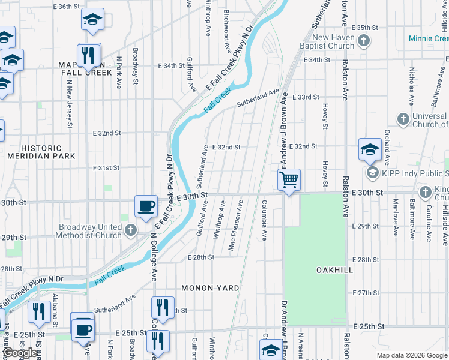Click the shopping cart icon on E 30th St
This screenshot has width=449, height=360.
pyautogui.click(x=289, y=179)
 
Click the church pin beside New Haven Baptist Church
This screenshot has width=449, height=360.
pyautogui.click(x=363, y=41)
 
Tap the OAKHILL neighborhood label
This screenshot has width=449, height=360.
pyautogui.click(x=333, y=271)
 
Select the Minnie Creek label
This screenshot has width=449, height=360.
pyautogui.click(x=428, y=38)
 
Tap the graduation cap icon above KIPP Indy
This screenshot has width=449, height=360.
pyautogui.click(x=370, y=150)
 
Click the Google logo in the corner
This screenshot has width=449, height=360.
pyautogui.click(x=20, y=353)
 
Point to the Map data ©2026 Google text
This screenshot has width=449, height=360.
pyautogui.click(x=412, y=355)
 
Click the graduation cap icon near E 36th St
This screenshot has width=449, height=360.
pyautogui.click(x=92, y=19)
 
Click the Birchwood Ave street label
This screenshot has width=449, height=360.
pyautogui.click(x=227, y=31)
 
